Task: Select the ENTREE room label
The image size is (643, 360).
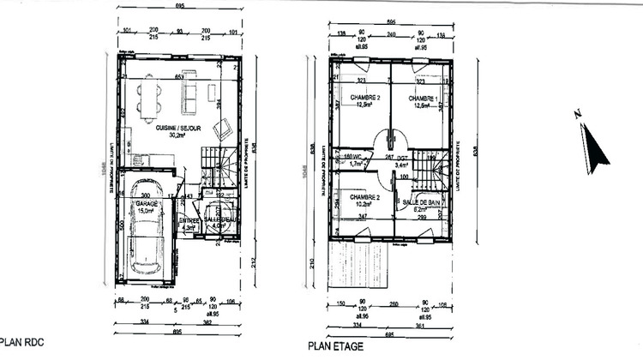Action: click(189, 220)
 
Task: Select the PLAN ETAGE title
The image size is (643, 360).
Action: click(334, 346)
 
